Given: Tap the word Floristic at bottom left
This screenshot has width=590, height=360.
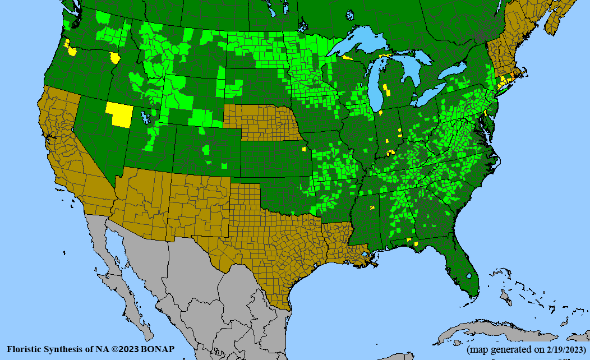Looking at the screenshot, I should point(25,349).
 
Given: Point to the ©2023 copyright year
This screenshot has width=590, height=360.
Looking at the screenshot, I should point(125,349).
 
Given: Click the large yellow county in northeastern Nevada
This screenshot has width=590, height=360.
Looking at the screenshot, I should point(119,114).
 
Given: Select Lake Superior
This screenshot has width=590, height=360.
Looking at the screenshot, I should point(365,45).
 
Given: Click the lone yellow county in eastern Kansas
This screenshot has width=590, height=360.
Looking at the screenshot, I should point(304,150).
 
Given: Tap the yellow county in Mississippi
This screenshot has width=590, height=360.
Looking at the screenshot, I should point(371,208).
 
